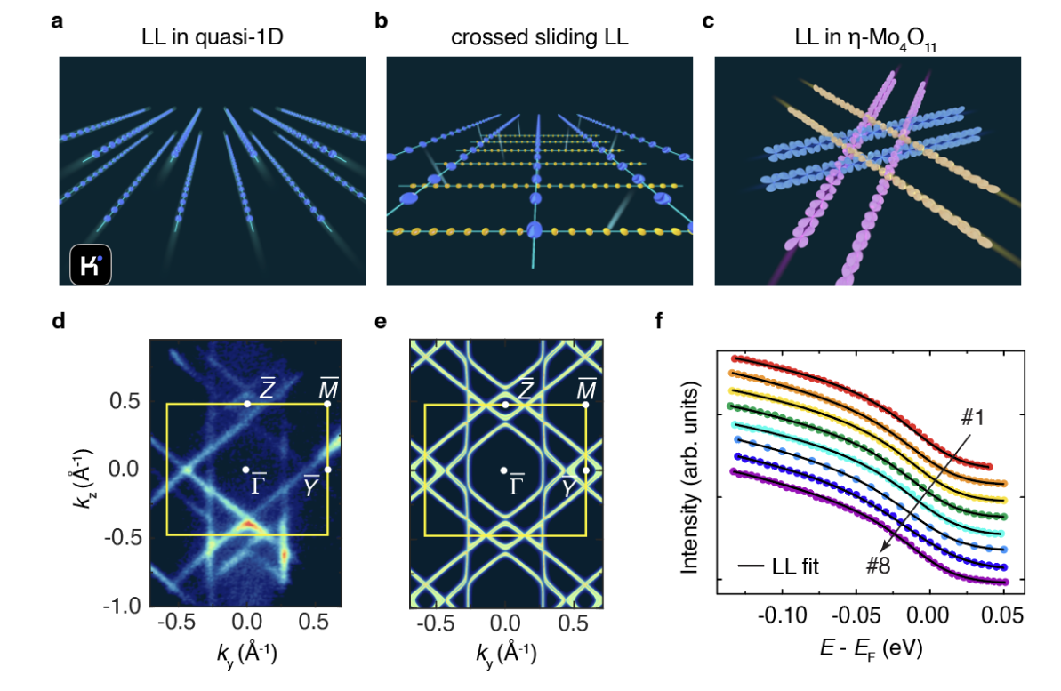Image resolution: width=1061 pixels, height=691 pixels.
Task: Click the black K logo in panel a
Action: (x=91, y=264)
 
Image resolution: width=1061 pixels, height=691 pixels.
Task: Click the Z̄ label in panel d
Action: (x=266, y=388)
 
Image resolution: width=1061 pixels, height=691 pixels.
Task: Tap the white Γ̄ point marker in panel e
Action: (x=504, y=470)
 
